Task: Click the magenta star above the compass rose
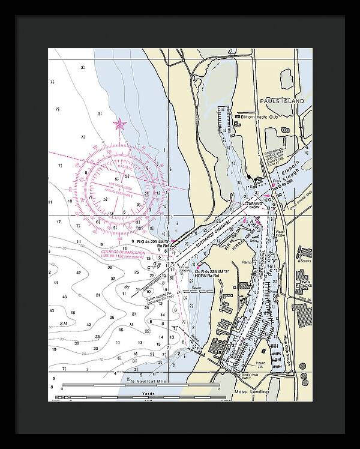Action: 119,125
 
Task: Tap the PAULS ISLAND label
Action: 282,101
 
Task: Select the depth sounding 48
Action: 72,313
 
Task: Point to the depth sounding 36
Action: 111,318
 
